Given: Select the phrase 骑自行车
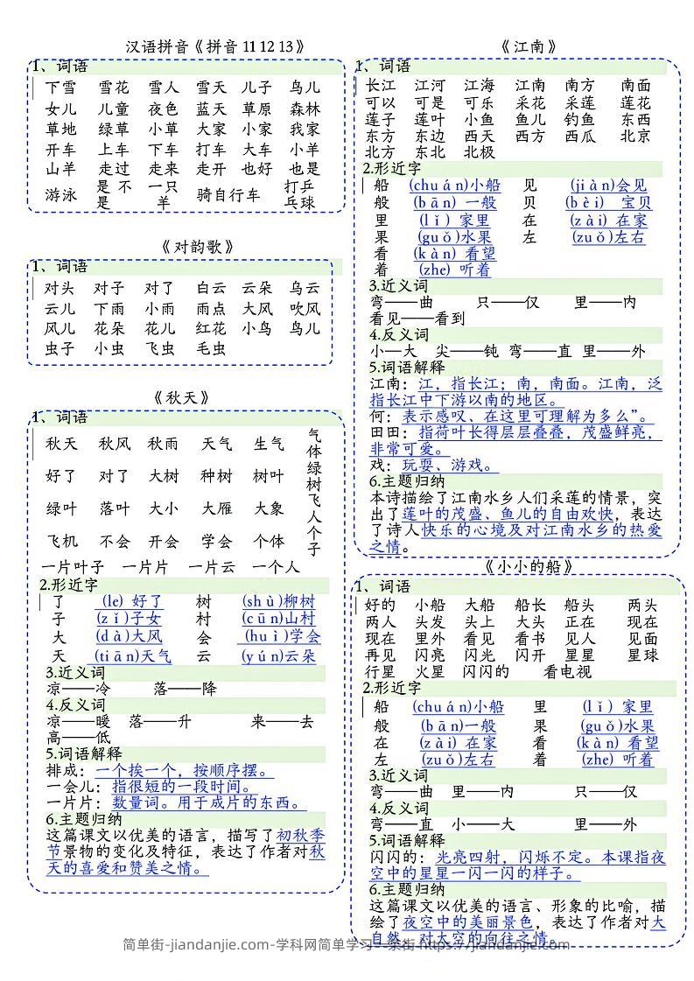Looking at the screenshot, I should pyautogui.click(x=228, y=194).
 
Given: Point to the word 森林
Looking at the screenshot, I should pyautogui.click(x=305, y=109).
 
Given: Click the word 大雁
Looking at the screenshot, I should pyautogui.click(x=217, y=508).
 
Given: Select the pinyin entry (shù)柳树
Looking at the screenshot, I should pyautogui.click(x=278, y=601).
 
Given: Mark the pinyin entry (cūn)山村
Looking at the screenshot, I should pyautogui.click(x=278, y=619).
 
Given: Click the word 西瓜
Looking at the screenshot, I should pyautogui.click(x=579, y=136).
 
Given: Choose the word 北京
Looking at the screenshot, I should pyautogui.click(x=635, y=136).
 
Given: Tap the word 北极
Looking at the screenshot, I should pyautogui.click(x=480, y=152).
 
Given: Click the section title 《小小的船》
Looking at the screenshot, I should pyautogui.click(x=529, y=566).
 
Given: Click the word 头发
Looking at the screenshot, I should pyautogui.click(x=430, y=621).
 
